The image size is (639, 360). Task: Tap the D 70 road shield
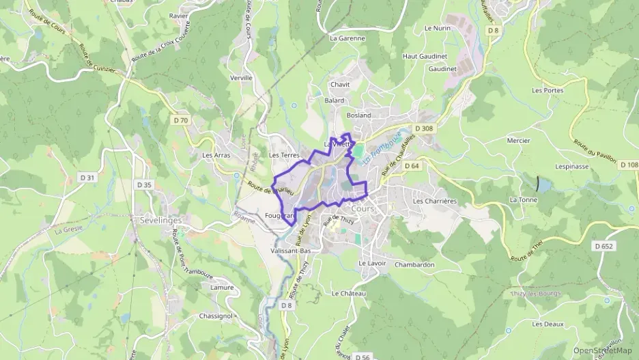[x=181, y=120]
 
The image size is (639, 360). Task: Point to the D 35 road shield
[x=144, y=184]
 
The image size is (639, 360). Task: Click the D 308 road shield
[x=424, y=128]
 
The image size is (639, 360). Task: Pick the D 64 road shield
[x=411, y=165]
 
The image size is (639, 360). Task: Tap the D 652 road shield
[x=603, y=246]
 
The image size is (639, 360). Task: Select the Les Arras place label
[x=216, y=155]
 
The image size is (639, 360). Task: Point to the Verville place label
[x=241, y=78]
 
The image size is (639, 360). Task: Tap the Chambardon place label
[x=414, y=264]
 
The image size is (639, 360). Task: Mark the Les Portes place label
[x=548, y=90]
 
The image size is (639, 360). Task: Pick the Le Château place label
[x=349, y=293]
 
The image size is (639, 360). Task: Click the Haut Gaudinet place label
[x=425, y=56]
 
